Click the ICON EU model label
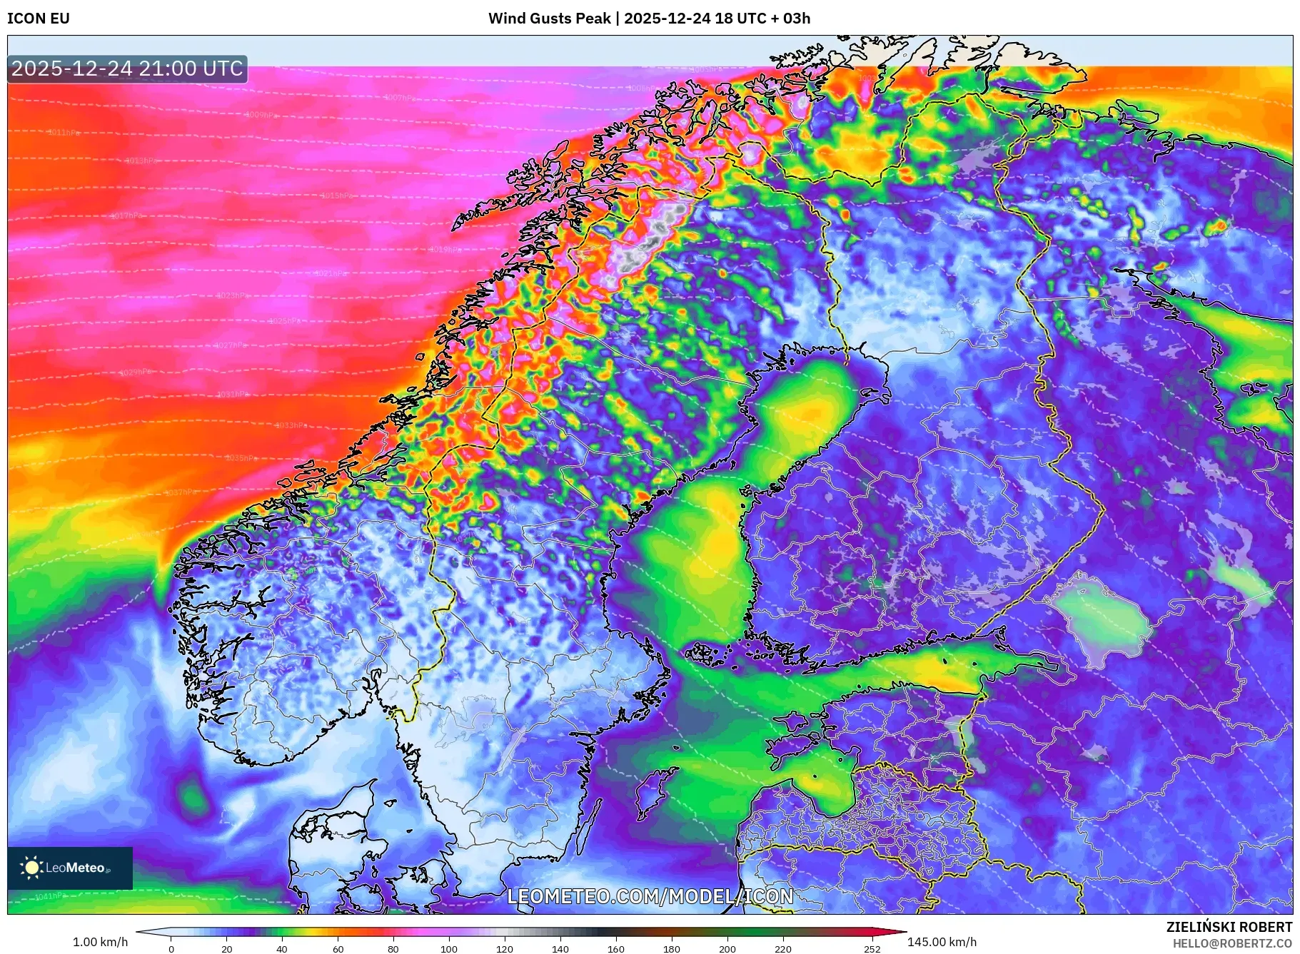coord(39,19)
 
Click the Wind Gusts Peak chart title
coord(649,19)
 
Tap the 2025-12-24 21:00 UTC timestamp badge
coord(127,68)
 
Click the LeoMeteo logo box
coord(70,868)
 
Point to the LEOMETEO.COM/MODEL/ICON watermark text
coord(650,896)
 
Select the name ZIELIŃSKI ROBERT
coord(1229,927)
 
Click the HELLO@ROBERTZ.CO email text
coord(1232,943)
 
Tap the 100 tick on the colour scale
coord(448,949)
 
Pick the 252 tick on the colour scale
coord(872,949)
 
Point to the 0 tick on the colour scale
coord(171,949)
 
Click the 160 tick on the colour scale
coord(615,949)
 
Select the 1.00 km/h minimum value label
coord(101,942)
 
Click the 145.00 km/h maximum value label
coord(942,942)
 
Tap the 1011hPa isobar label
coord(64,133)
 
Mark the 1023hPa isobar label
coord(233,295)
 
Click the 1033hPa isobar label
coord(291,425)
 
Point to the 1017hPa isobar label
coord(126,216)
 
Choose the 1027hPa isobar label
coord(231,345)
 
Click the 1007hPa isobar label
coord(400,98)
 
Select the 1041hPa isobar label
coord(49,896)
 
